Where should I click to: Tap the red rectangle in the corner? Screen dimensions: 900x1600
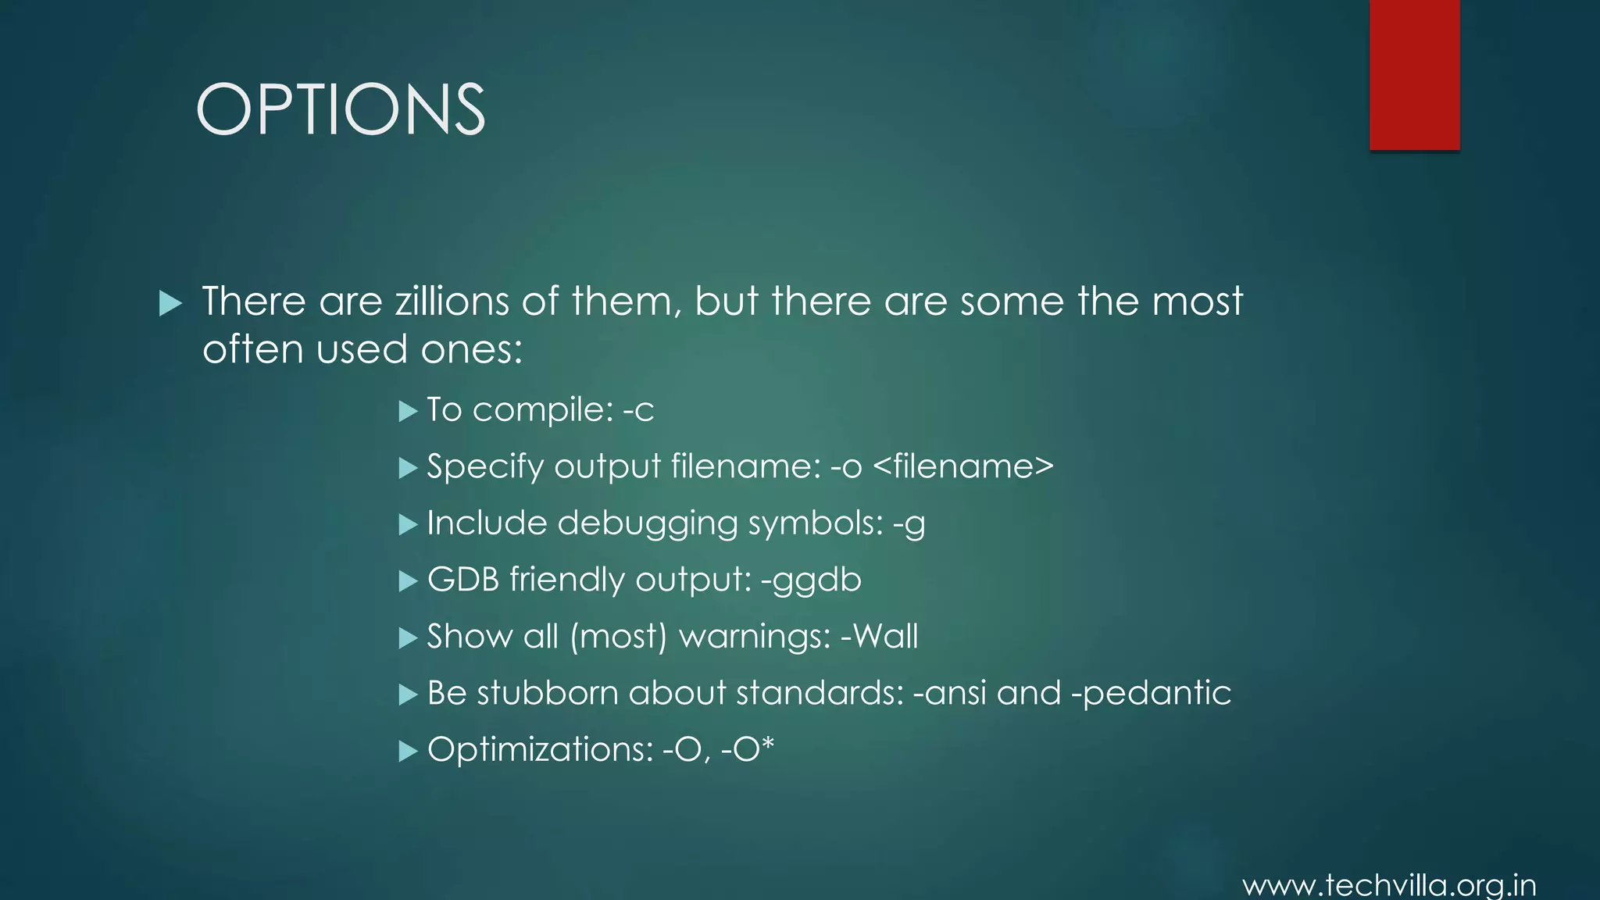[x=1414, y=74]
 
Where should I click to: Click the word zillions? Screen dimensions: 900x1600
[x=452, y=302]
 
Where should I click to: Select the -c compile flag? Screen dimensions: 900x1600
[x=638, y=410]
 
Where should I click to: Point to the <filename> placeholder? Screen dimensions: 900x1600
[x=962, y=466]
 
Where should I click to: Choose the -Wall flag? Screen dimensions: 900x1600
[x=879, y=636]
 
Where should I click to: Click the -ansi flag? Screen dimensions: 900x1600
[x=949, y=693]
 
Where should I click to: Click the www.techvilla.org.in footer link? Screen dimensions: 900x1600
[x=1389, y=886]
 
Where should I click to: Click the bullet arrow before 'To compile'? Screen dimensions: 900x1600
[x=408, y=411]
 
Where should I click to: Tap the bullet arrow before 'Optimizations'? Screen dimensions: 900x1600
[x=408, y=751]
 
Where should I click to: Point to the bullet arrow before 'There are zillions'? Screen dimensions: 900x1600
[x=170, y=303]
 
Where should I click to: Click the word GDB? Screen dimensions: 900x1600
[x=462, y=580]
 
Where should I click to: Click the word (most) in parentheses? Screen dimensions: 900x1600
[x=618, y=637]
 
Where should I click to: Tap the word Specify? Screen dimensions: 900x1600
[x=485, y=467]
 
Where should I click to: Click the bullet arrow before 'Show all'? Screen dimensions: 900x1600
[x=408, y=637]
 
